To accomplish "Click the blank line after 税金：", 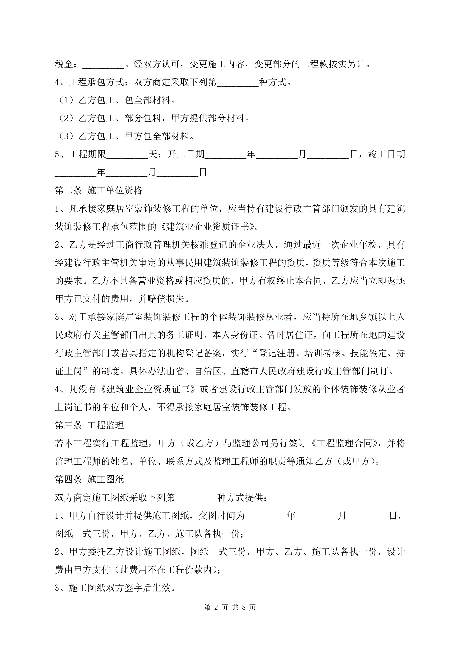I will coord(103,65).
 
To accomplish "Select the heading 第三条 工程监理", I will coord(89,425).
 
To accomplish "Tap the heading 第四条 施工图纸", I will coord(89,479).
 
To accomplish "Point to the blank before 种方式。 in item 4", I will coord(238,83).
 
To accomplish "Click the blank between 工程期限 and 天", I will coord(128,155).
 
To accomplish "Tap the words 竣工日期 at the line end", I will coord(386,155).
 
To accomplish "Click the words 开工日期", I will coord(186,155).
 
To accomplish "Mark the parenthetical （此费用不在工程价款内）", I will coord(166,570).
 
